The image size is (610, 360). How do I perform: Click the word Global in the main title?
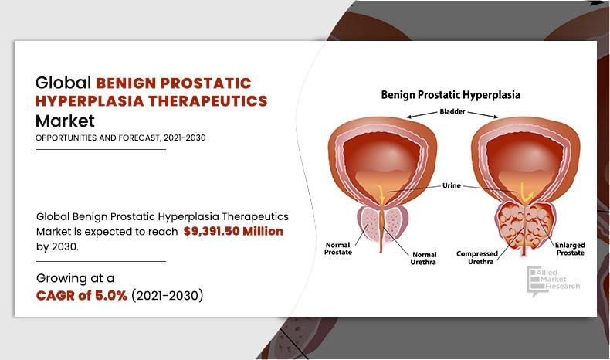click(63, 82)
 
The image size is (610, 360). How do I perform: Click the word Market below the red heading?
click(65, 121)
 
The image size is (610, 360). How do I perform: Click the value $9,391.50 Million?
click(233, 231)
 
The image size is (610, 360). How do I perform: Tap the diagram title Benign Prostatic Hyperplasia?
click(450, 95)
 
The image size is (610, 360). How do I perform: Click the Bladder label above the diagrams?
click(452, 112)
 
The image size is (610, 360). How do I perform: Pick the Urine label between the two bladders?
click(452, 185)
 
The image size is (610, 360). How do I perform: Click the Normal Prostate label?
click(337, 248)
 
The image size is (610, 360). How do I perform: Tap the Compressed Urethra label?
click(476, 257)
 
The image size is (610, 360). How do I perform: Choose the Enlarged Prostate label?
click(569, 248)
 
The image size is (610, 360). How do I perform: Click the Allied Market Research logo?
click(552, 281)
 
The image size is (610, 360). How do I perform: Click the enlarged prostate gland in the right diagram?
click(526, 224)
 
